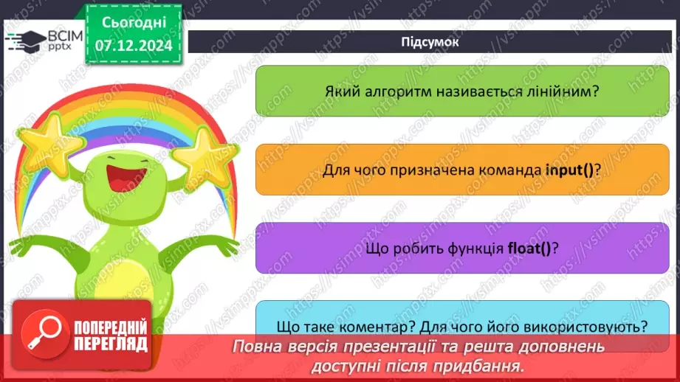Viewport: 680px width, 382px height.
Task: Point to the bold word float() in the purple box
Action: tap(529, 248)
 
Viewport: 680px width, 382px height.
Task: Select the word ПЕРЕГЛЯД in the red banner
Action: tap(110, 344)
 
